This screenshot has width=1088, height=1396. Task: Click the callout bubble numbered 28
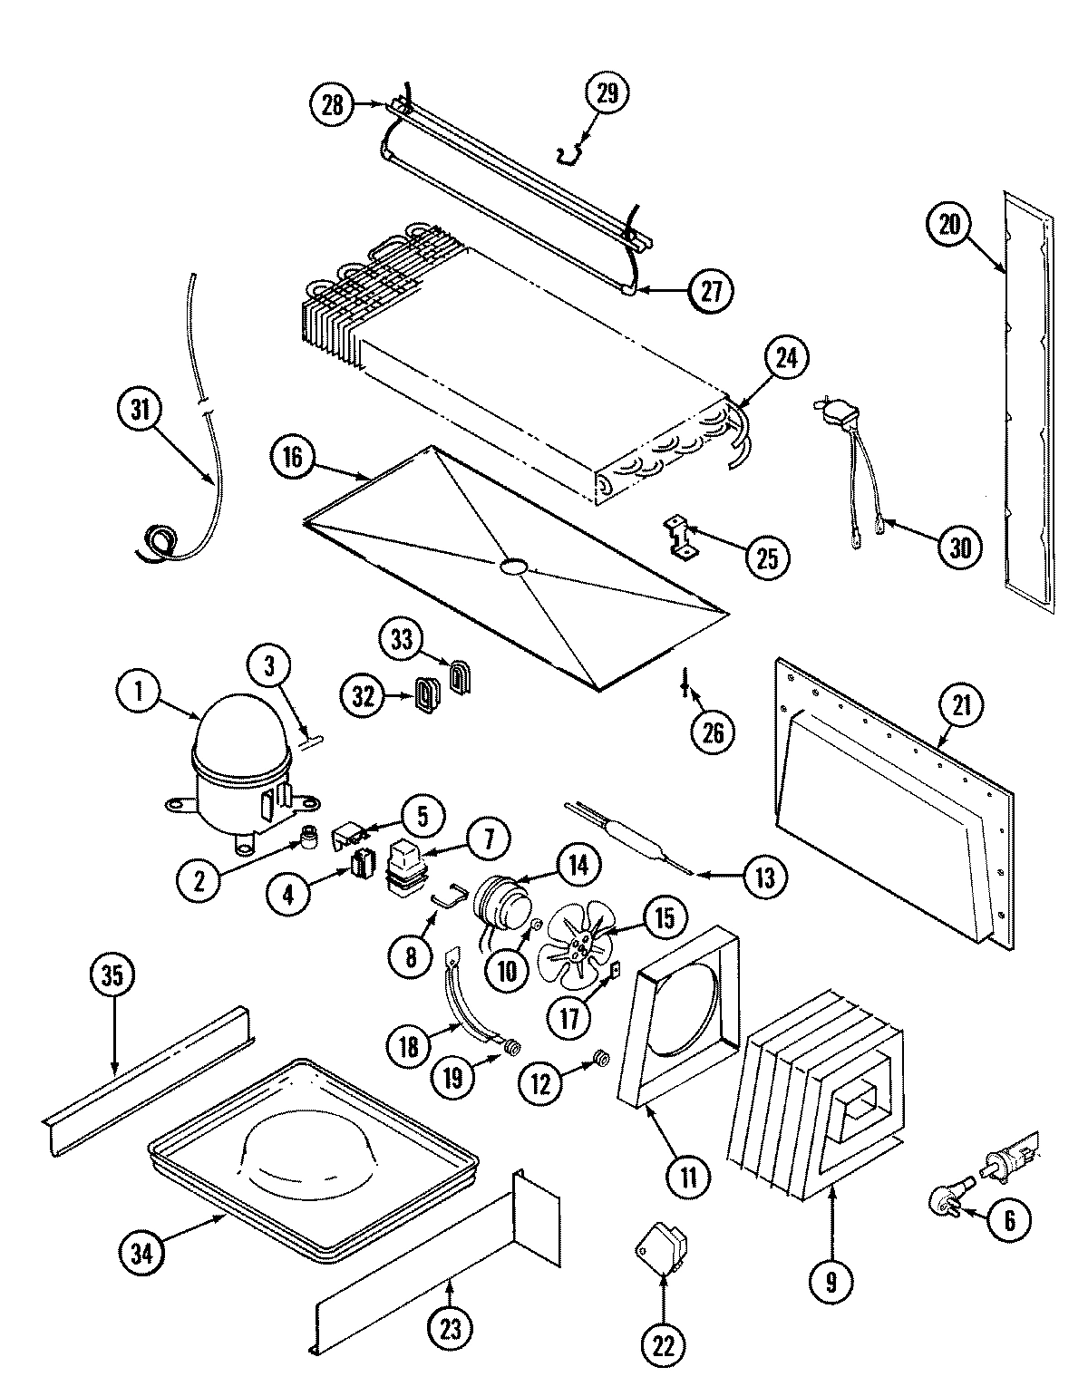(333, 104)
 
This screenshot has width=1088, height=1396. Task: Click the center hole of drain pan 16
(512, 567)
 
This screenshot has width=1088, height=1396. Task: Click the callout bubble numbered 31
(140, 411)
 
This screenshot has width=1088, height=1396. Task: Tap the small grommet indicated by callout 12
(598, 1058)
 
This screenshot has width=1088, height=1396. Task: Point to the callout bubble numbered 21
(961, 704)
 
